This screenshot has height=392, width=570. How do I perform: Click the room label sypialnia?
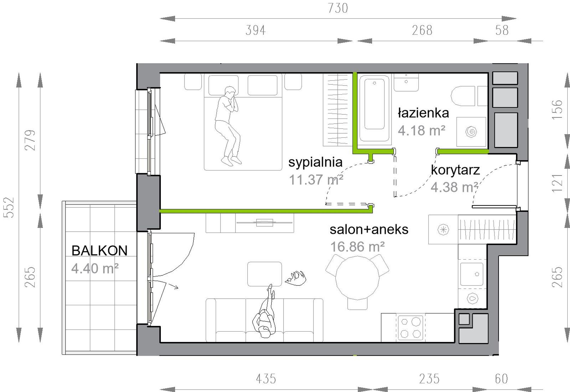point(315,162)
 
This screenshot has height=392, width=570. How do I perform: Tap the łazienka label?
point(423,113)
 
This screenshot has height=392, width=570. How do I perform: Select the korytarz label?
point(455,170)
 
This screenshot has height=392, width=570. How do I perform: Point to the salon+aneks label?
point(369,230)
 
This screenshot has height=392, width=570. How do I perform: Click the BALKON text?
point(100,251)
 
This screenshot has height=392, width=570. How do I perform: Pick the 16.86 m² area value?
point(357,247)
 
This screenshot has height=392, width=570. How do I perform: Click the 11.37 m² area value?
point(316,180)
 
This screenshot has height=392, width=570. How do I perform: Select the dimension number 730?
point(338,8)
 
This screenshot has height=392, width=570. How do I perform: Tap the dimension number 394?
point(256,30)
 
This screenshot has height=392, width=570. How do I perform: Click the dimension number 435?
point(266,379)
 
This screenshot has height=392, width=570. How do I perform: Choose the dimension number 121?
point(557,183)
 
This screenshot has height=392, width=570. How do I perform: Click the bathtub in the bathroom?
point(374,108)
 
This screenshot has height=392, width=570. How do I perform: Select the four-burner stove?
point(410,327)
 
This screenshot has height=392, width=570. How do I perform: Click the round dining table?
point(357,278)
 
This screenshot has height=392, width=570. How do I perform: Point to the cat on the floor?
point(296,278)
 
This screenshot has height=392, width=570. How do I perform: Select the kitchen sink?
point(472,274)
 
